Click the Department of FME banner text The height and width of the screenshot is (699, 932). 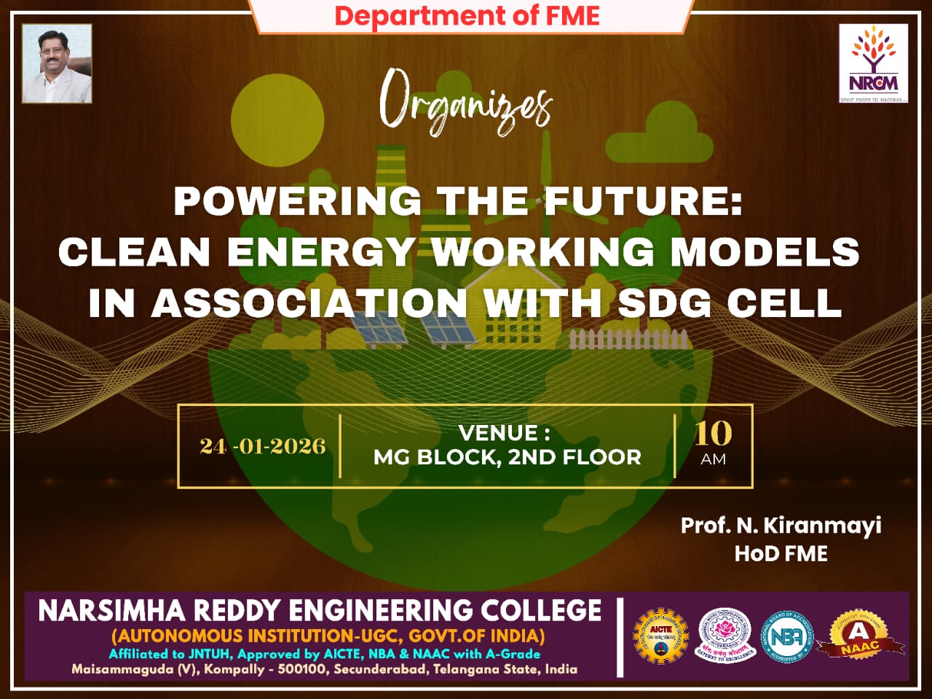click(467, 15)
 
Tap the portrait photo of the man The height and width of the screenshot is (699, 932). click(57, 63)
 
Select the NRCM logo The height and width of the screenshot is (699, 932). click(873, 63)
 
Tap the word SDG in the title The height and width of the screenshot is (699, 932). click(666, 302)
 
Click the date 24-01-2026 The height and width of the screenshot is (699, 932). click(262, 446)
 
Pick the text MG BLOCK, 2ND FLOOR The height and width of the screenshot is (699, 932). click(507, 457)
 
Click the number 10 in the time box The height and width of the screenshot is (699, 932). click(713, 434)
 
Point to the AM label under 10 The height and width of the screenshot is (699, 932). click(713, 459)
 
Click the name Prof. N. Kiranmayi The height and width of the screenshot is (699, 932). click(781, 525)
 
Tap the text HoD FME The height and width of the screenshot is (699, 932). click(781, 553)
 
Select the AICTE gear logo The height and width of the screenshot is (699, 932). click(660, 636)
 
